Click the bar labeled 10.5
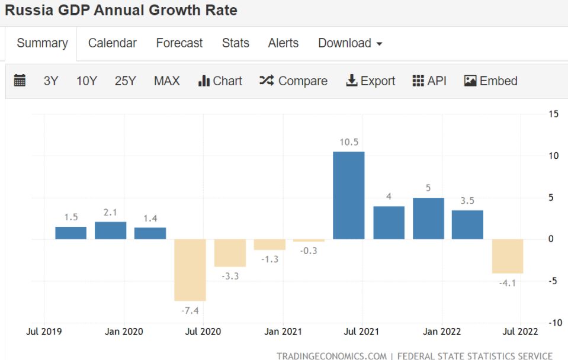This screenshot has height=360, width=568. pyautogui.click(x=348, y=195)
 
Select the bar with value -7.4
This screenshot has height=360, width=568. pyautogui.click(x=190, y=270)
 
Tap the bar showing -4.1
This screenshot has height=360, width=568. pyautogui.click(x=508, y=256)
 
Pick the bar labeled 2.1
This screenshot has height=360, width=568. pyautogui.click(x=110, y=230)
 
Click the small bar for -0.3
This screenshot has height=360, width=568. pyautogui.click(x=309, y=240)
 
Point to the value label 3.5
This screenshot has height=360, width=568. pyautogui.click(x=467, y=201)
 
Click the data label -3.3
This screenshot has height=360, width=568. pyautogui.click(x=230, y=276)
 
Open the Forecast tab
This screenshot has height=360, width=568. pyautogui.click(x=179, y=43)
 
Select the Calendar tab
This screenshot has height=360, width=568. pyautogui.click(x=112, y=43)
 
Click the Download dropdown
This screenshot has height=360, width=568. pyautogui.click(x=350, y=43)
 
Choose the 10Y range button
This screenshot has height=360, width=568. pyautogui.click(x=86, y=81)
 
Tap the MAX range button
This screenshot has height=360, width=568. pyautogui.click(x=166, y=81)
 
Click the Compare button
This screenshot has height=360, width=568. pyautogui.click(x=293, y=81)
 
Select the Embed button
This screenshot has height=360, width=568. pyautogui.click(x=491, y=81)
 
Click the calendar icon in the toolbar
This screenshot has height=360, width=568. pyautogui.click(x=20, y=81)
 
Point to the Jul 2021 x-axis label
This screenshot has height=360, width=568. pyautogui.click(x=361, y=332)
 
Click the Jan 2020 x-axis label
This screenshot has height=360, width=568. pyautogui.click(x=124, y=332)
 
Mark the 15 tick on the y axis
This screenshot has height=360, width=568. pyautogui.click(x=553, y=114)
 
